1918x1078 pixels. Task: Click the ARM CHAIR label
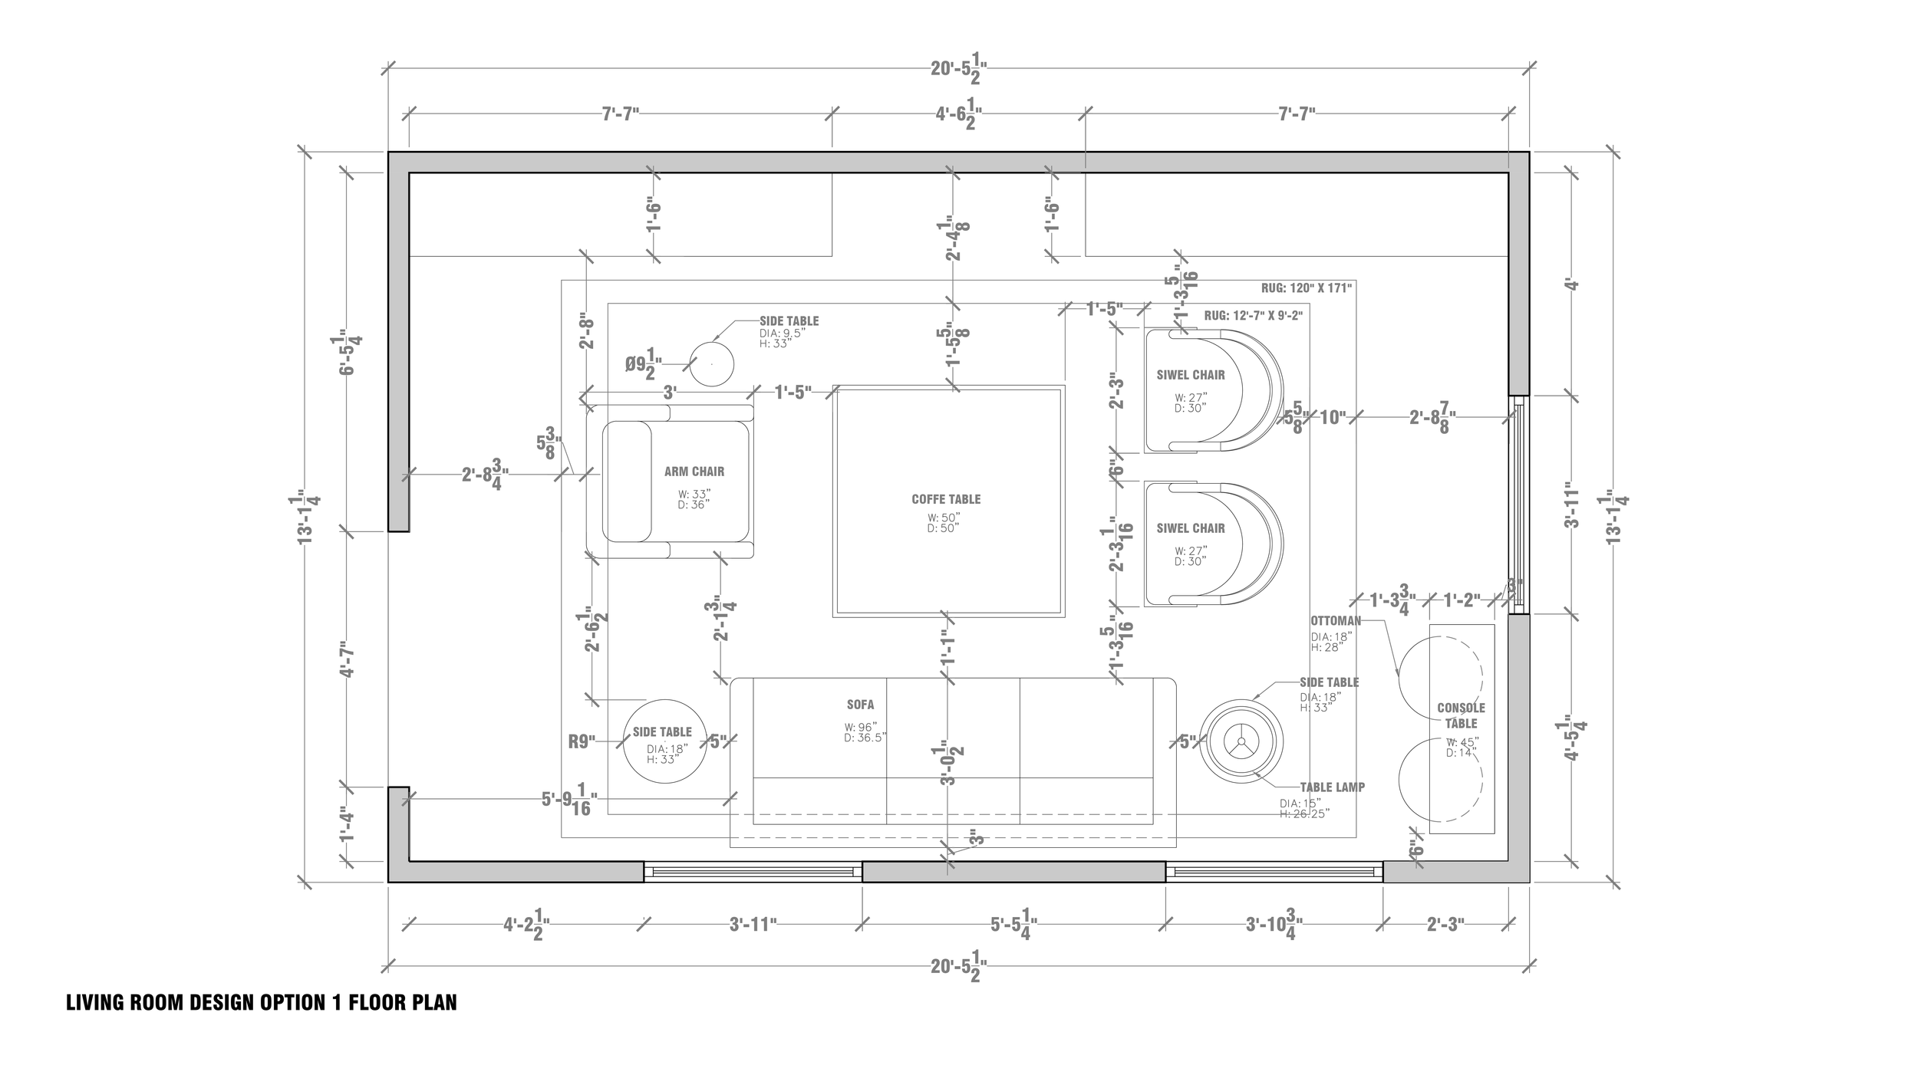coord(694,472)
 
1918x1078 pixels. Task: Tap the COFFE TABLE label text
coord(946,499)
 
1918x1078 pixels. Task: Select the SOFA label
coord(860,705)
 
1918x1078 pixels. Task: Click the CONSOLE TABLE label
coord(1461,715)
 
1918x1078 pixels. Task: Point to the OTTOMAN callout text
coord(1336,621)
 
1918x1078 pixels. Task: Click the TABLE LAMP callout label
coord(1332,787)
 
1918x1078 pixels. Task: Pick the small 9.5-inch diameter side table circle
coord(711,363)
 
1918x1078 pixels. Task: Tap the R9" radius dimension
coord(582,741)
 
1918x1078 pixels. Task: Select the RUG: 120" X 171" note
coord(1306,288)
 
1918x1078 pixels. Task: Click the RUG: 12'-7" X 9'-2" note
coord(1253,315)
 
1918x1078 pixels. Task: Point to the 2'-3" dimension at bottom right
coord(1445,925)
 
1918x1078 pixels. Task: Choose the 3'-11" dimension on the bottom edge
coord(753,925)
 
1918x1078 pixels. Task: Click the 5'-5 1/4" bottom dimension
coord(1013,926)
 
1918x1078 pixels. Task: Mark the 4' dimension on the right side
coord(1572,285)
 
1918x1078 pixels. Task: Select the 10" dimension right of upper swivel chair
coord(1333,418)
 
